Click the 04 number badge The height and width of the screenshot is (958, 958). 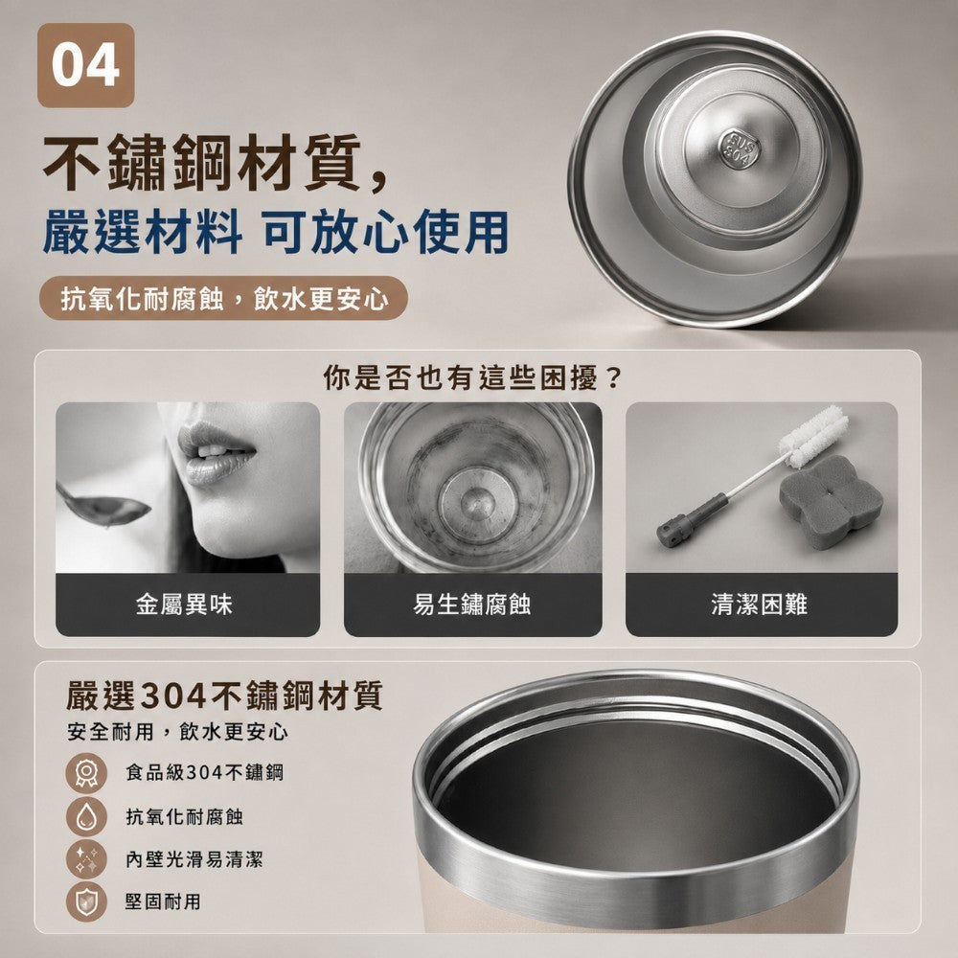(x=85, y=65)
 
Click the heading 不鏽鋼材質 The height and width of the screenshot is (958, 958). (x=202, y=163)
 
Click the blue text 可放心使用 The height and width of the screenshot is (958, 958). (x=385, y=232)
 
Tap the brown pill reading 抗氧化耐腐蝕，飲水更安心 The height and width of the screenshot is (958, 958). (x=223, y=298)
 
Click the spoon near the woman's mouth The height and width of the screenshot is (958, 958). (x=103, y=506)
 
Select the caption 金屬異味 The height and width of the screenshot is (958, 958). (x=184, y=604)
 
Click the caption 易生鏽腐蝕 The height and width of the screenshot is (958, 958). (x=471, y=604)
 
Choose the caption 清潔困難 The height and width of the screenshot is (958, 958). (x=760, y=604)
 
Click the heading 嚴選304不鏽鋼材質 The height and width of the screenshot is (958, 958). (x=224, y=696)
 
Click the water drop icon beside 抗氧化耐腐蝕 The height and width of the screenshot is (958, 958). (x=86, y=816)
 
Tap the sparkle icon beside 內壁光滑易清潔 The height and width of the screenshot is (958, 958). (x=86, y=859)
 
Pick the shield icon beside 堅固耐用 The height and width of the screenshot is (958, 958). (x=86, y=901)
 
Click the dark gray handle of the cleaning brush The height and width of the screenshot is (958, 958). (x=693, y=520)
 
